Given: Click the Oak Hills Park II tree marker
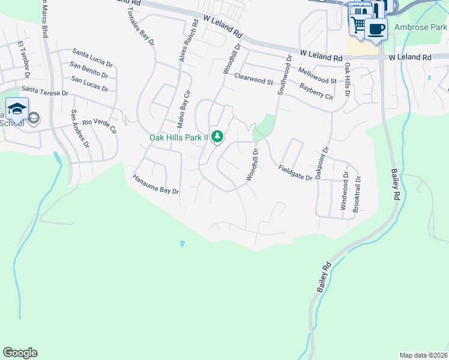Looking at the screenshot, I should pos(217,137).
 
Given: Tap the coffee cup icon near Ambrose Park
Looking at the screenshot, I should pos(376,29).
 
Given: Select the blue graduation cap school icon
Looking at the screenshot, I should pos(17,109).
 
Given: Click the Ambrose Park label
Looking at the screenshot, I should pos(421,27).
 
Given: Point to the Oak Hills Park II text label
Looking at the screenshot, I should pos(178,137).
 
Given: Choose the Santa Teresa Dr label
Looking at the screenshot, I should pos(45,91).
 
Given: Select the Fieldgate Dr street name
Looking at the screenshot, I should pos(295,173).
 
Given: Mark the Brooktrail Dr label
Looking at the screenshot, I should pos(358,193).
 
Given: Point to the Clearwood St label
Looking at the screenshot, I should pos(253,78).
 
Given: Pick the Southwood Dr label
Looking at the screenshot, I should pos(285,76).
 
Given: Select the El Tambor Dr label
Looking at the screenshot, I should pos(24,60).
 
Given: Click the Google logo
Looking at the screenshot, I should pos(20,353).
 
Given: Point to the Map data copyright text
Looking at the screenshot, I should pos(423,355).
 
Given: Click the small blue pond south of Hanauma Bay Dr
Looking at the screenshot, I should pos(181,244).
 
